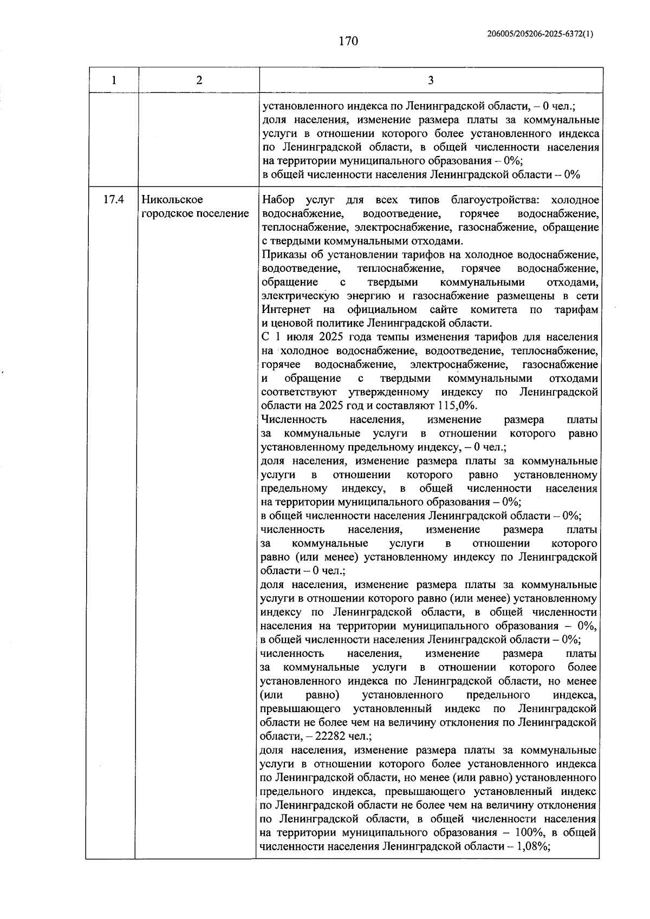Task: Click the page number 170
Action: click(x=349, y=41)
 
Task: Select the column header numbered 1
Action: click(x=113, y=81)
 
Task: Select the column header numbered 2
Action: click(x=199, y=81)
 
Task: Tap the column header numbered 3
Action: click(x=431, y=81)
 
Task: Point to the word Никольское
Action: click(x=172, y=200)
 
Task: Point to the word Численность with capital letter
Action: click(x=294, y=420)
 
